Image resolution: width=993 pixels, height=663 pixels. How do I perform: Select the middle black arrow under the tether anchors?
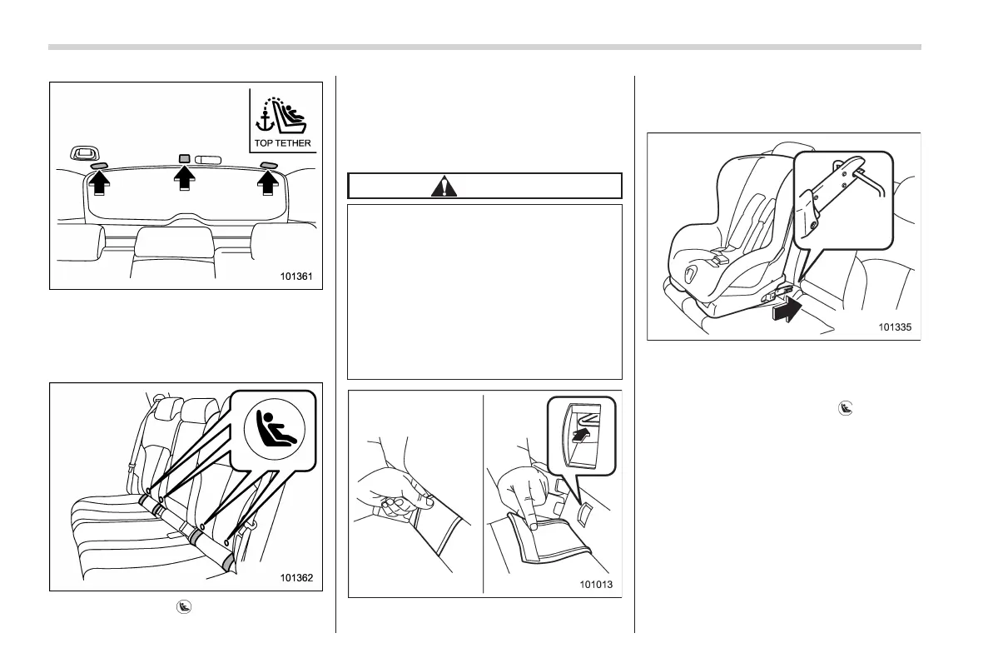[x=183, y=179]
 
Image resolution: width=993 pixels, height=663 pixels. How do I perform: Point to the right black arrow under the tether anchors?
[x=268, y=179]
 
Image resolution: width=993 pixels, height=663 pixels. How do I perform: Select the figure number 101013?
[x=596, y=585]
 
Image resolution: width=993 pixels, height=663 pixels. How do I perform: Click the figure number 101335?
[x=894, y=327]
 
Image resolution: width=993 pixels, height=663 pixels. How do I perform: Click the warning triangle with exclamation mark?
[x=444, y=186]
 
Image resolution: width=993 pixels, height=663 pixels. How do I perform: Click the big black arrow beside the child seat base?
[x=786, y=312]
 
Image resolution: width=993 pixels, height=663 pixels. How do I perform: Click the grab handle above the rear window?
[x=83, y=152]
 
